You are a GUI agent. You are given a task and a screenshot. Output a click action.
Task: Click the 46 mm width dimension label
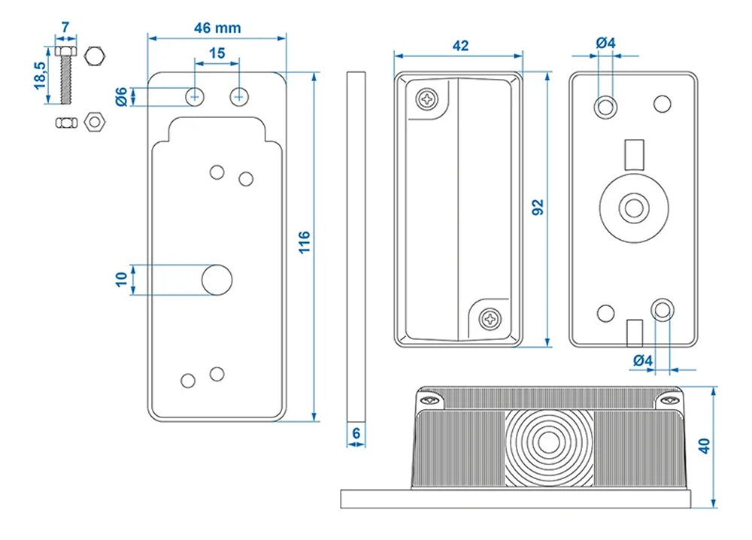(217, 28)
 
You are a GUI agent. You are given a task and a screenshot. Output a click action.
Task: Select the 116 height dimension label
(304, 242)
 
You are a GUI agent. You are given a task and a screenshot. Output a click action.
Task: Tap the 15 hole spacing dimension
(217, 53)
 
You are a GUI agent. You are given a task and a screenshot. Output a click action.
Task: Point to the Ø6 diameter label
(121, 96)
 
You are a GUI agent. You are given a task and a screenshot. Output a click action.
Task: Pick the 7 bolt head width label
(65, 28)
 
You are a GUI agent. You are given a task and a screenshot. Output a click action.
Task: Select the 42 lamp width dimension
(460, 46)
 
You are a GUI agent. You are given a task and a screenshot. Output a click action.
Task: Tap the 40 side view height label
(704, 445)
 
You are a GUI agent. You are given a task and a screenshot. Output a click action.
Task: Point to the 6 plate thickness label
(356, 434)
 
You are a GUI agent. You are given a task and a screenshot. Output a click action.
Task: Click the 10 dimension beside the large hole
(121, 279)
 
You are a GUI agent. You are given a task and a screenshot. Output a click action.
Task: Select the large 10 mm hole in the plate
(217, 280)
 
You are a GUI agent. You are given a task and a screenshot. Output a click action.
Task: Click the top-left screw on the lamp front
(428, 99)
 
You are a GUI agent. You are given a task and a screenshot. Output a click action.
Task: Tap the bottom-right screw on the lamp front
(490, 319)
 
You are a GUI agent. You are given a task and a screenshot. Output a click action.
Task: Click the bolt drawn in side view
(65, 75)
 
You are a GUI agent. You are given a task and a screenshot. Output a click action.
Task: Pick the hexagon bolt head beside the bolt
(94, 56)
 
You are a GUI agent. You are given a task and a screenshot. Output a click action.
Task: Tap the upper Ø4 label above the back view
(605, 43)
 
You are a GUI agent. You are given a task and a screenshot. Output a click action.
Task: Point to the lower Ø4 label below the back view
(642, 360)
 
